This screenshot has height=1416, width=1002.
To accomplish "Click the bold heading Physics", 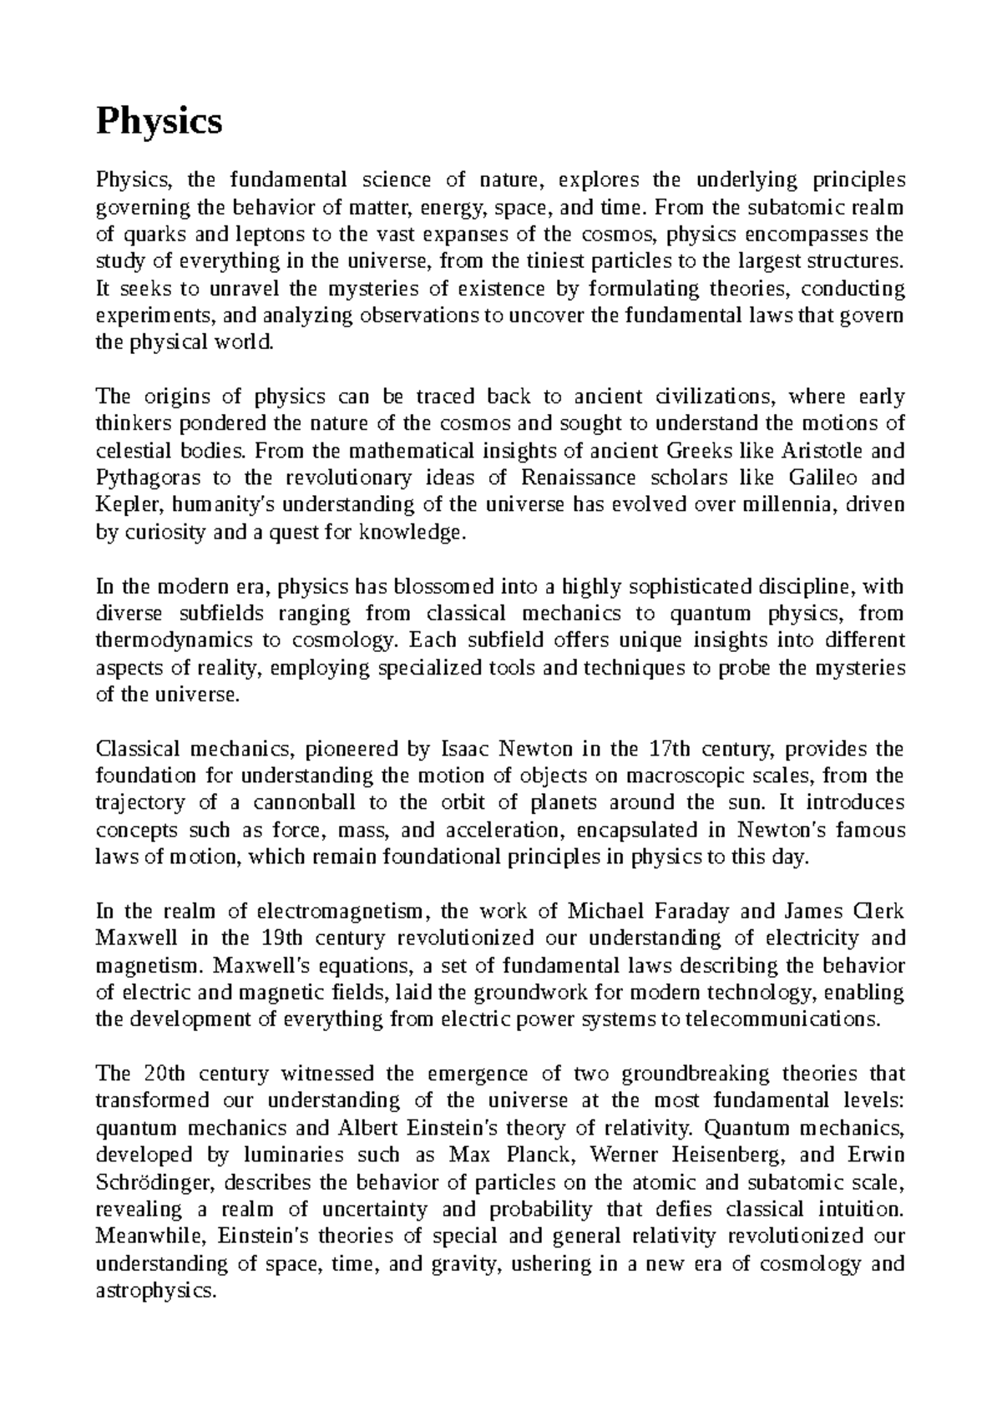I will coord(159,122).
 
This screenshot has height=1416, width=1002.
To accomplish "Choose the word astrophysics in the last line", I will coord(155,1291).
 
